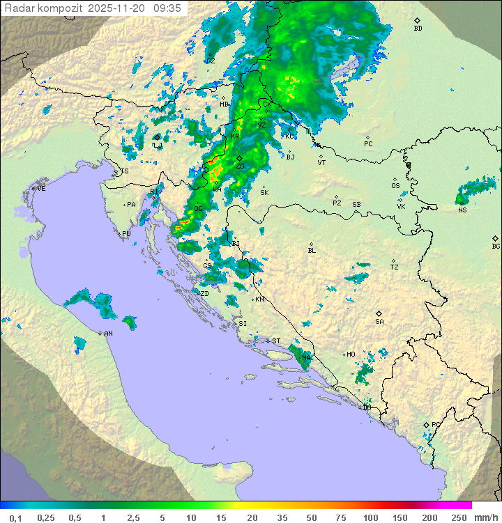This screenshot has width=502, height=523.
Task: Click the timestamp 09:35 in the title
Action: [x=167, y=8]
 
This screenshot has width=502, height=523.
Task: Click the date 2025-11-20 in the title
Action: [x=117, y=8]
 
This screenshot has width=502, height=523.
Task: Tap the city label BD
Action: [x=418, y=29]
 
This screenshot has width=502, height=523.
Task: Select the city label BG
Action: [x=496, y=246]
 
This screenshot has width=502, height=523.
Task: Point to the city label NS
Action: [x=462, y=210]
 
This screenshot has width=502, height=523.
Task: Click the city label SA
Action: [x=379, y=322]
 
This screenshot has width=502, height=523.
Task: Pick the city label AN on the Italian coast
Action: [x=108, y=334]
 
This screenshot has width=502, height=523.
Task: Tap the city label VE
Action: [x=41, y=189]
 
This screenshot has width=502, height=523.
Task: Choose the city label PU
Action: [x=126, y=234]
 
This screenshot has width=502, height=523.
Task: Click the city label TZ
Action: [x=395, y=267]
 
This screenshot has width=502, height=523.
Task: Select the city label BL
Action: [x=312, y=251]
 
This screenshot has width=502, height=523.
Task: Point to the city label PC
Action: [x=368, y=144]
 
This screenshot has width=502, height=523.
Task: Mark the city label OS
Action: [x=395, y=186]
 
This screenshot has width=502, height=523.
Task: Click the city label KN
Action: [x=259, y=299]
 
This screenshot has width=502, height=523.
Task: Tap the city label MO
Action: [x=351, y=354]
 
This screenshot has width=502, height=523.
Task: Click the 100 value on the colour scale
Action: [x=371, y=517]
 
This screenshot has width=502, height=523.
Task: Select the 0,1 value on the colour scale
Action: [x=15, y=517]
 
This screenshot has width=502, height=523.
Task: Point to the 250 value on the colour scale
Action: [x=458, y=517]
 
